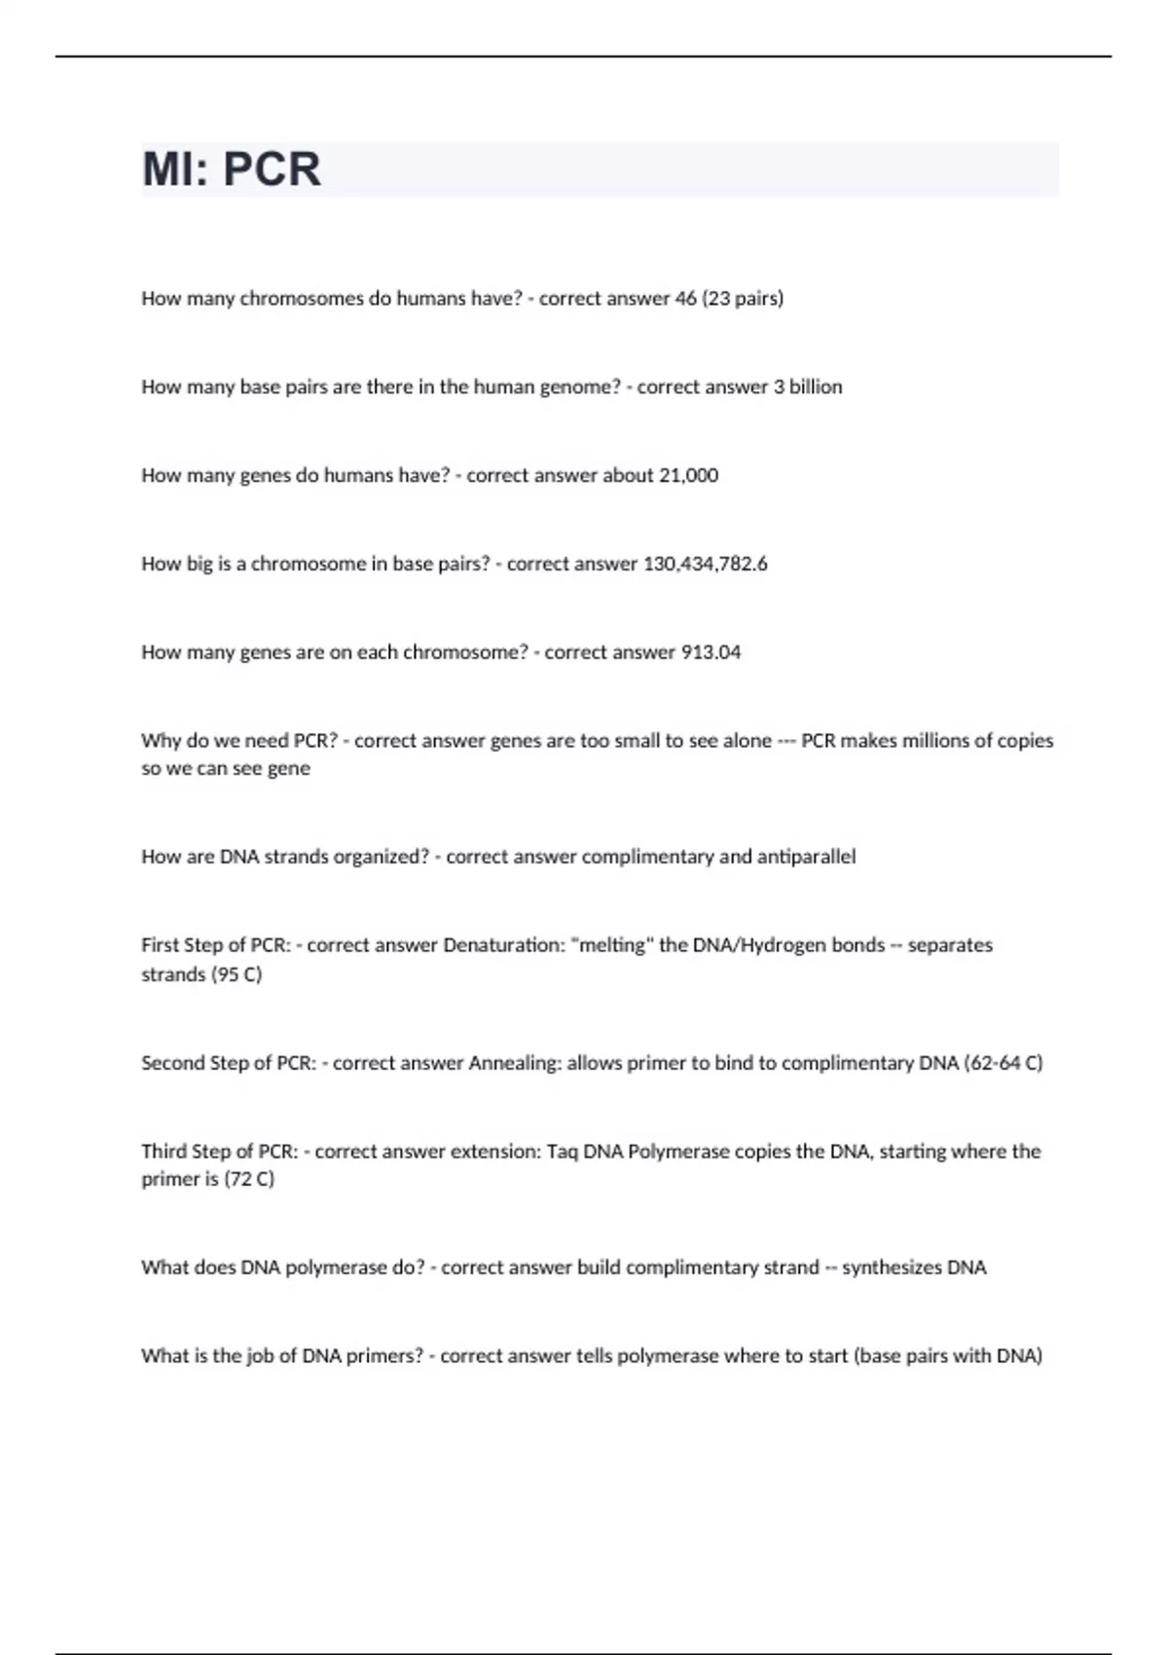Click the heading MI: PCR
coord(232,169)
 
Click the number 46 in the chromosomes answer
coord(685,299)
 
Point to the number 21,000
coord(688,475)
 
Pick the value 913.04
coord(711,652)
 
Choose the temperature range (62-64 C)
coord(1003,1063)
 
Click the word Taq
coord(562,1152)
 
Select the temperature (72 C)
coord(249,1179)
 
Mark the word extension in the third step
coord(499,1152)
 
